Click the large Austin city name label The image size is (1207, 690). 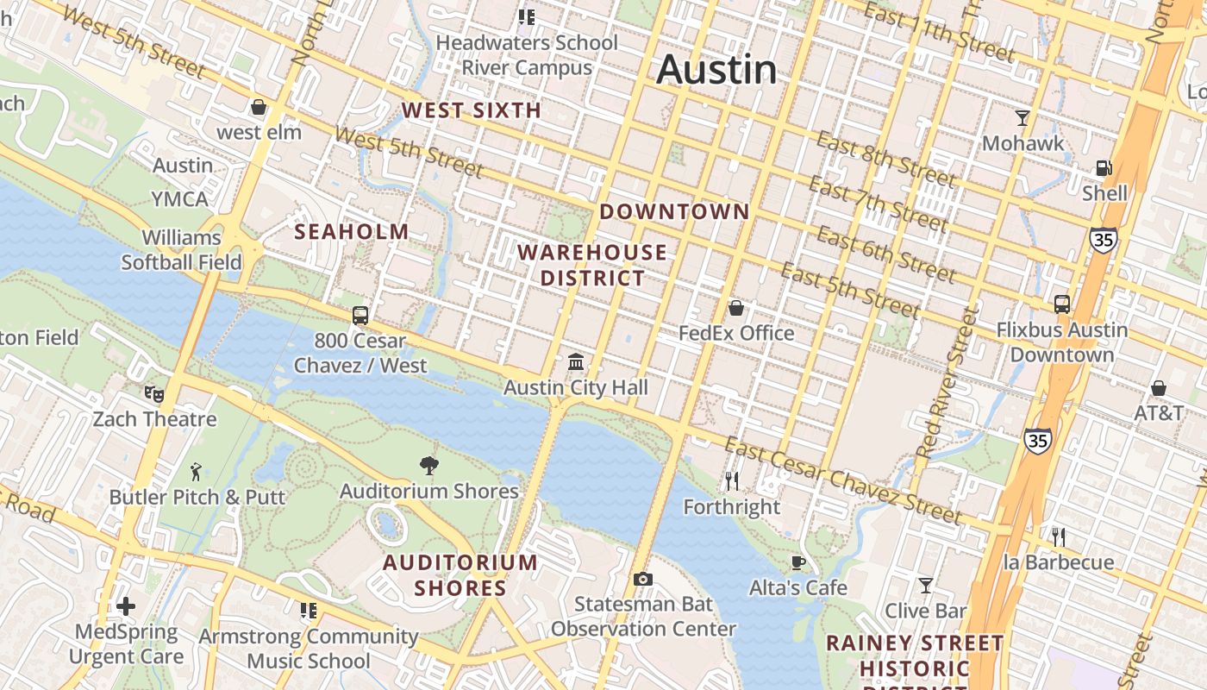pyautogui.click(x=716, y=70)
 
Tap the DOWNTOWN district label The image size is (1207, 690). pyautogui.click(x=674, y=211)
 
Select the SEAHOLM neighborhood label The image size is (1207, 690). pyautogui.click(x=352, y=231)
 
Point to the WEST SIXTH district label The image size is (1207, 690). pyautogui.click(x=472, y=110)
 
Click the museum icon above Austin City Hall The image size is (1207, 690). pyautogui.click(x=576, y=362)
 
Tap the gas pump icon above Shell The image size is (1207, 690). pyautogui.click(x=1104, y=168)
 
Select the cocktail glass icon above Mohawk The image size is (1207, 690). pyautogui.click(x=1023, y=117)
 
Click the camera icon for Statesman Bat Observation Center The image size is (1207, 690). pyautogui.click(x=642, y=579)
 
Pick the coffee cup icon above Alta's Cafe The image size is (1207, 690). pyautogui.click(x=798, y=563)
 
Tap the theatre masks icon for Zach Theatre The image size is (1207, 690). pyautogui.click(x=154, y=394)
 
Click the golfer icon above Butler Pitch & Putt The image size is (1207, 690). pyautogui.click(x=196, y=472)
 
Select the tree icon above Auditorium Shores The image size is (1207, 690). pyautogui.click(x=428, y=467)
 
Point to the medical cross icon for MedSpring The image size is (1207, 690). pyautogui.click(x=126, y=606)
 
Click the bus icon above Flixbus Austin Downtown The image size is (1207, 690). pyautogui.click(x=1062, y=304)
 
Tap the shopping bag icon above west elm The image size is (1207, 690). pyautogui.click(x=258, y=108)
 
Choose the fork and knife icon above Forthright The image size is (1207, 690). pyautogui.click(x=731, y=481)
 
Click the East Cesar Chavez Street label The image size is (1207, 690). pyautogui.click(x=842, y=481)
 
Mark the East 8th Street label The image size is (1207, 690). pyautogui.click(x=885, y=160)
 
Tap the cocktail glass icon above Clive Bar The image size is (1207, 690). pyautogui.click(x=926, y=586)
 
